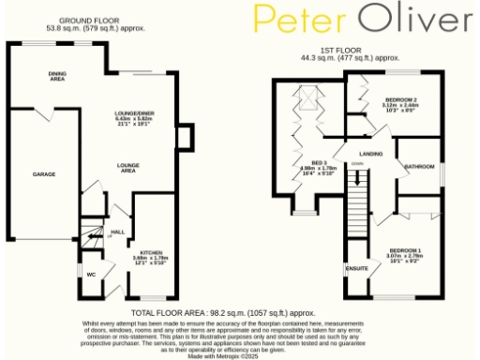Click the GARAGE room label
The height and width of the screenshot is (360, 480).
44,174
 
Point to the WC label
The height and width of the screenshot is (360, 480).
92,275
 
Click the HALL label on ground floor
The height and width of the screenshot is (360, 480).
118,231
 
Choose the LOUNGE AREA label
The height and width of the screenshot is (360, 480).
128,169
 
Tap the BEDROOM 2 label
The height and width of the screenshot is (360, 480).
401,98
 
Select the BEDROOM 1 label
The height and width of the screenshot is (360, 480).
405,250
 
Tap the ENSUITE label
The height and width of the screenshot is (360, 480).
358,269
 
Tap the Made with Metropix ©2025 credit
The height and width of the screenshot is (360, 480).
223,355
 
